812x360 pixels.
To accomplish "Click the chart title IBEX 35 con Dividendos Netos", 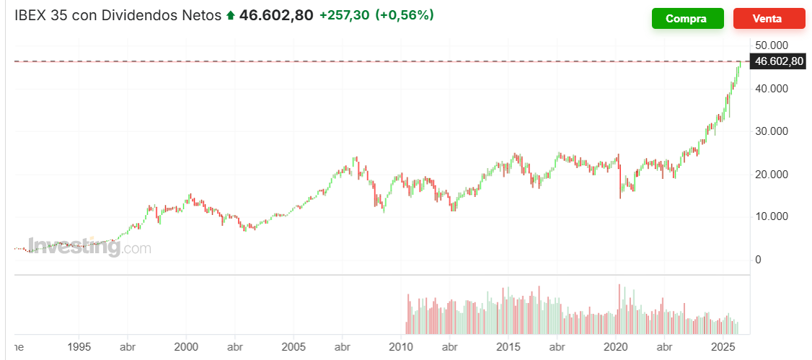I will tap(118, 15).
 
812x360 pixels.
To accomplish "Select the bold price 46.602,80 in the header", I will tap(276, 15).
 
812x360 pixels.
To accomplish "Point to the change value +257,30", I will tap(345, 15).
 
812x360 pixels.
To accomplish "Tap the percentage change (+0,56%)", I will tap(405, 15).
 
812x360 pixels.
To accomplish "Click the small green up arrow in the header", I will tap(231, 16).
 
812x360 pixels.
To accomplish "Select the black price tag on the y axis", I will tap(777, 61).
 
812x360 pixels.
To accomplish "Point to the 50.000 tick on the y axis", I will tap(772, 46).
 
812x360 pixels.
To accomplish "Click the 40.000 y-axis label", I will tap(772, 89).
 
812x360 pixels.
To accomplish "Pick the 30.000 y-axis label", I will tap(772, 131).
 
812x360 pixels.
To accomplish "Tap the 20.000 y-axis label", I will tap(772, 175).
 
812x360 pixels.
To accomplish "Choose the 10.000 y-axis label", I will tap(772, 216).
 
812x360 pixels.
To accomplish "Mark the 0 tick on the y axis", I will tap(758, 260).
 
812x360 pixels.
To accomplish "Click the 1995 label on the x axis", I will tap(79, 346).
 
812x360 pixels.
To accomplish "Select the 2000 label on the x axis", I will tap(187, 346).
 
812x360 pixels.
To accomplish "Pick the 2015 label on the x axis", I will tap(509, 346).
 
